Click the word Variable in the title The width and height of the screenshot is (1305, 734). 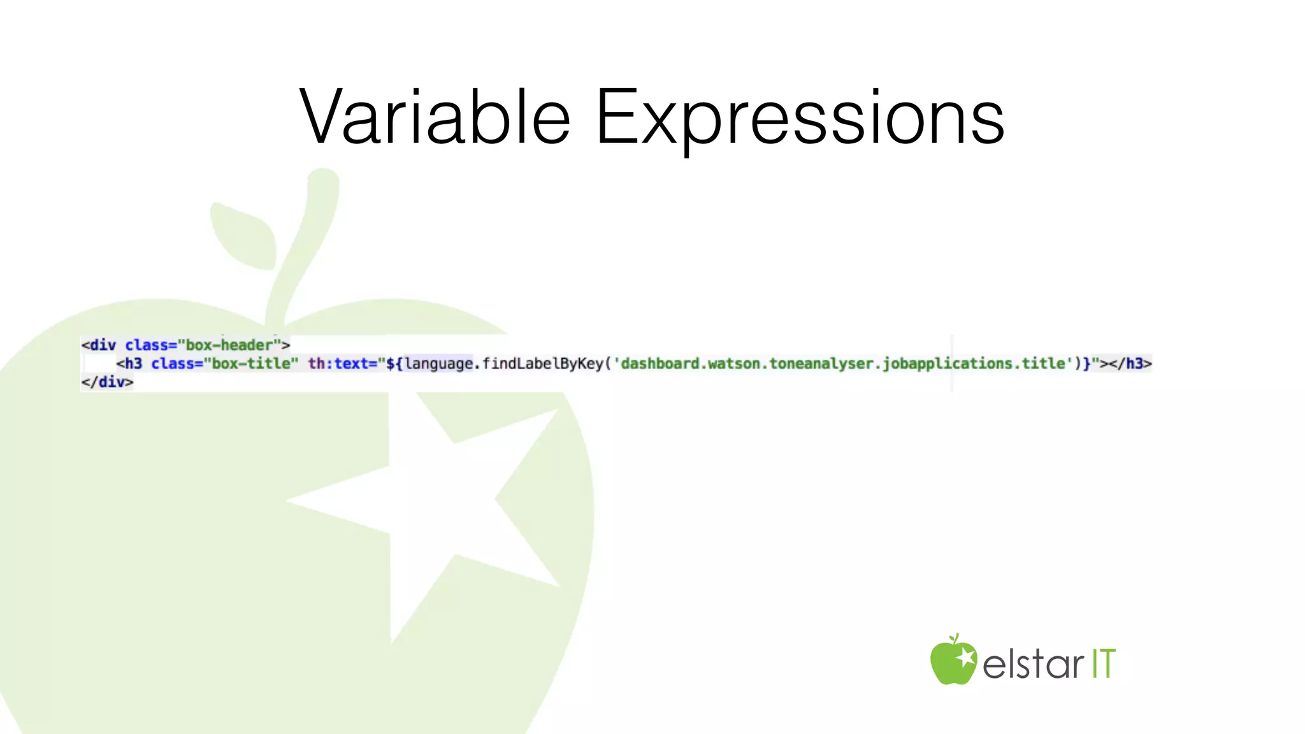coord(435,118)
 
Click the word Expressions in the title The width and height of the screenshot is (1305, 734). coord(800,118)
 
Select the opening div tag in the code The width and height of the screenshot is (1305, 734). coord(99,345)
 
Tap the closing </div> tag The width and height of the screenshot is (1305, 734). coord(107,382)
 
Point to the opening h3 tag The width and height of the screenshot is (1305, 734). coord(129,364)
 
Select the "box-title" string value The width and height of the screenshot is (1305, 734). coord(250,364)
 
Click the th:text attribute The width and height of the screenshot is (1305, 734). coord(343,364)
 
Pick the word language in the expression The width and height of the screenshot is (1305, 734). coord(439,364)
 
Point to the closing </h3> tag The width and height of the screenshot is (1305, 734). coord(1130,364)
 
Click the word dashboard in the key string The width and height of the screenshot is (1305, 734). coord(660,364)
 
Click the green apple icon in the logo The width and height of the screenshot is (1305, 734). coord(953,661)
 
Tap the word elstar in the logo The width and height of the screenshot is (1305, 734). coord(1033,664)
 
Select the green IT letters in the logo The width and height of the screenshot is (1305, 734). coord(1104,664)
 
